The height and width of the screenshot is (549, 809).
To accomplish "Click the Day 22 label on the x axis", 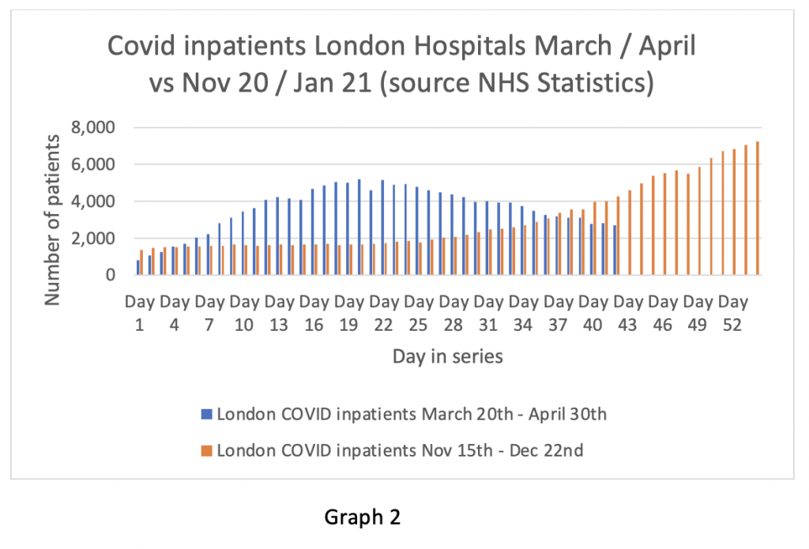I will [x=384, y=313].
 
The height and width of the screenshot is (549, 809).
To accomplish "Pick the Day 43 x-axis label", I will [x=629, y=313].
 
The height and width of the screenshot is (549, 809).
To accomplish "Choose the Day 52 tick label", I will [x=734, y=313].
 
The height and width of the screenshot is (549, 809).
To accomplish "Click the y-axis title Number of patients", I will [x=52, y=220].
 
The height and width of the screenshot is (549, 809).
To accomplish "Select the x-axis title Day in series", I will [x=447, y=356].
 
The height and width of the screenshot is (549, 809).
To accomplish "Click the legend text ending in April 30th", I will [x=412, y=413].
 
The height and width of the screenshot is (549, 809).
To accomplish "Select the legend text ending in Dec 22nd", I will [x=401, y=451].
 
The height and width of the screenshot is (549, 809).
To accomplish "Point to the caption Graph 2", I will [x=363, y=517].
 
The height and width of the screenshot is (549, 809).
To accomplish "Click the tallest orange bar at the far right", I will [x=758, y=209].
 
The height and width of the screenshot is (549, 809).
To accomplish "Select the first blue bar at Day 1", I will [x=138, y=268].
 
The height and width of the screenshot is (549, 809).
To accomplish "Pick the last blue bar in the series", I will [x=615, y=250].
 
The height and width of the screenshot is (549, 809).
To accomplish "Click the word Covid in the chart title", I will [x=137, y=47].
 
